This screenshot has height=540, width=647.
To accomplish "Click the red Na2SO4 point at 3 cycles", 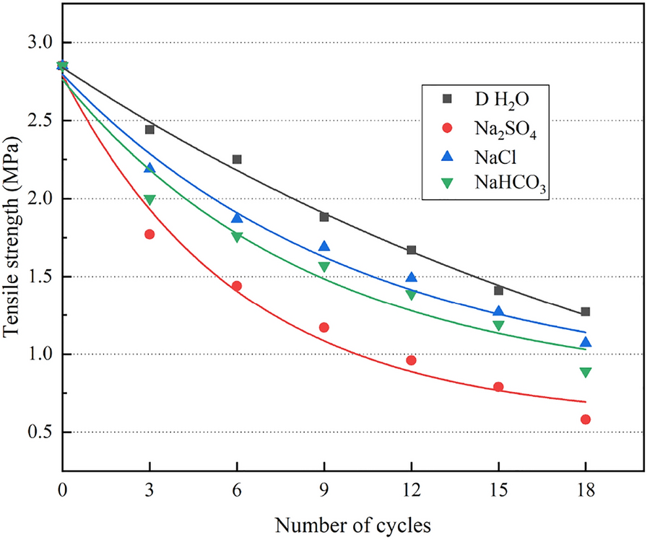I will point(149,234).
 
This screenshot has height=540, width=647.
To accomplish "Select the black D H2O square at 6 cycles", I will point(237,159).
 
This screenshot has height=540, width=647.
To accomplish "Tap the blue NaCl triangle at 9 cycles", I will point(324,247).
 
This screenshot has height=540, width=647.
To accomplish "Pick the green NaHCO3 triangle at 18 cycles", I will point(586,373).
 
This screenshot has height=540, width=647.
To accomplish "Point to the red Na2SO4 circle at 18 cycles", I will point(586,419).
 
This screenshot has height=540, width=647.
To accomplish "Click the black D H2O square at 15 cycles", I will point(498,291).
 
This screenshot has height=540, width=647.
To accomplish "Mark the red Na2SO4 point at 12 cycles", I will point(411,360).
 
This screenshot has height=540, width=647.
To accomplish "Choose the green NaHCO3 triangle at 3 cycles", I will point(149,200).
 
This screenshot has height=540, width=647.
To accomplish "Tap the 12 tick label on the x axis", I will point(411,489).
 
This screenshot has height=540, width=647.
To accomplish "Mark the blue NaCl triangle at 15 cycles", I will point(498,312).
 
